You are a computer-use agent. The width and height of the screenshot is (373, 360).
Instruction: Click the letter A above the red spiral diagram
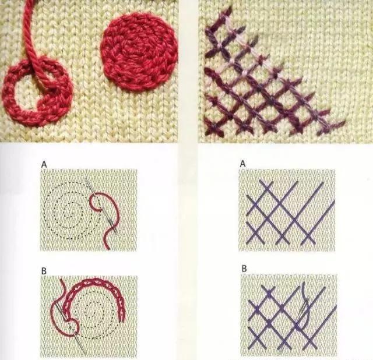tap(44, 164)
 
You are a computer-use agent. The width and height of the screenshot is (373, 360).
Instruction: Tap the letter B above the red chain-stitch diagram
tap(44, 271)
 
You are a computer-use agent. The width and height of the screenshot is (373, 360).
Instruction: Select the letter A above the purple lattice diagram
tap(243, 164)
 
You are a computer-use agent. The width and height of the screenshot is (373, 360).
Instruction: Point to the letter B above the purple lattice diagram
tap(244, 269)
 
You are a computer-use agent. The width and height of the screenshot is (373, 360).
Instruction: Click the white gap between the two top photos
tap(188, 71)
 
